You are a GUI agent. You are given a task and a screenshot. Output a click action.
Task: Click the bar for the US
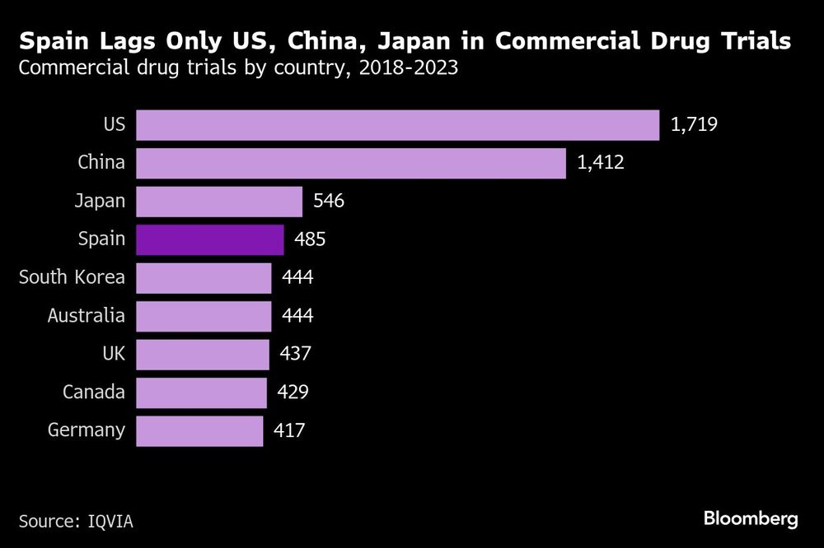(x=397, y=125)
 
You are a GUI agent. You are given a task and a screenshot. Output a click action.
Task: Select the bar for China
(x=350, y=163)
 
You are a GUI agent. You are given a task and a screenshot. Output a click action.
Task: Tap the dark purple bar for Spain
(x=209, y=239)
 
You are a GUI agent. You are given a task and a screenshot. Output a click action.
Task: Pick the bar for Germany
(x=199, y=430)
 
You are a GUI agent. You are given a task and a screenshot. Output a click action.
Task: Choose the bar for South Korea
(x=203, y=278)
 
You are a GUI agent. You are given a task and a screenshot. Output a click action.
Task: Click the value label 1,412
(x=601, y=163)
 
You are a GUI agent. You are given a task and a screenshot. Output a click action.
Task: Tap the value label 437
(x=295, y=354)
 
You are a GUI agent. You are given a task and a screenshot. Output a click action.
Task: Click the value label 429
(x=293, y=392)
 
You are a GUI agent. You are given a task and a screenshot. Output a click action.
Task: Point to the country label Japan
(x=101, y=202)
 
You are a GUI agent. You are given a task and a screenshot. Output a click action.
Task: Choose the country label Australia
(x=87, y=316)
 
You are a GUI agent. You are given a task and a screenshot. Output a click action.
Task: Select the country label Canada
(x=94, y=392)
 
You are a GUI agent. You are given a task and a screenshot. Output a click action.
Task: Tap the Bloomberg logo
(x=751, y=519)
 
